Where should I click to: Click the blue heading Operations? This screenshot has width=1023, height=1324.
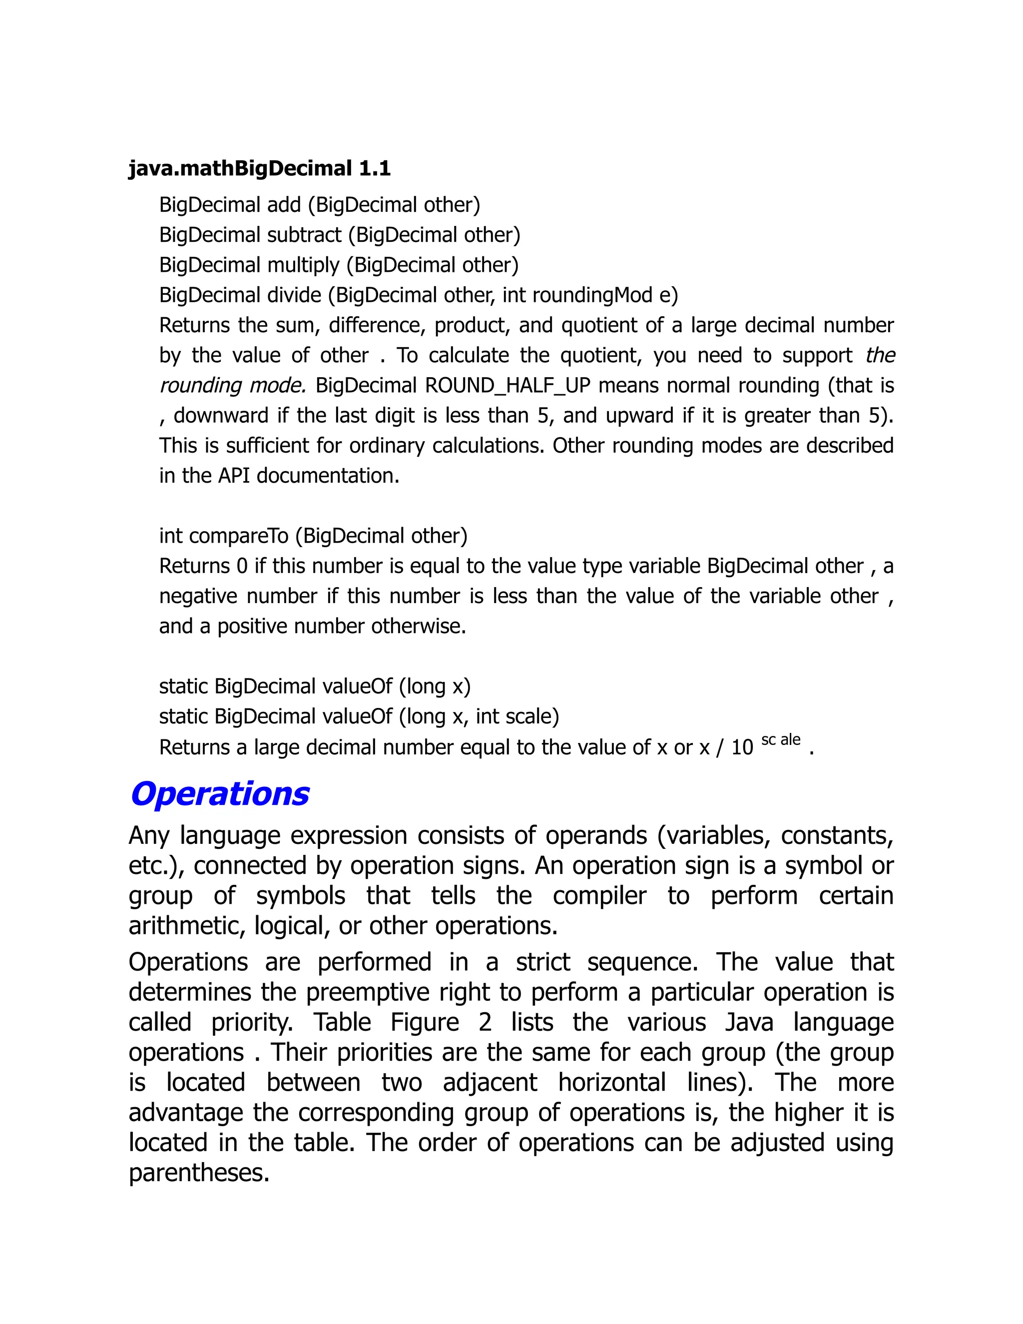(x=219, y=794)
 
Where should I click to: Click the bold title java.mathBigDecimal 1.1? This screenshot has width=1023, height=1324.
(x=259, y=168)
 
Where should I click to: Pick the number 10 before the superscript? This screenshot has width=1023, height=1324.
(x=742, y=747)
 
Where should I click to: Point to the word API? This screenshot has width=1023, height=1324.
(x=234, y=476)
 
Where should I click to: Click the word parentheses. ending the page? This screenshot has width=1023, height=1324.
(x=199, y=1173)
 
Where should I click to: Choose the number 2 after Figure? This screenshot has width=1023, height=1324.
(x=485, y=1023)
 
